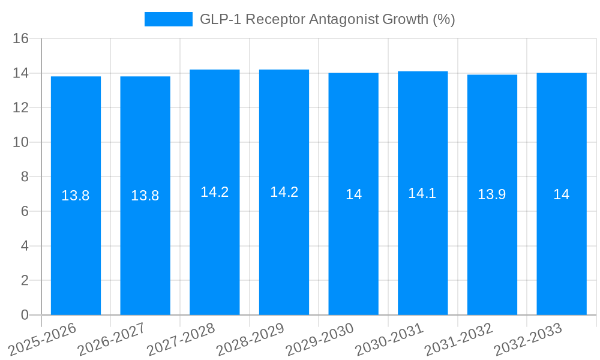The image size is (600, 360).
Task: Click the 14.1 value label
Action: tap(422, 193)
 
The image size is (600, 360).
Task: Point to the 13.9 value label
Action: tap(492, 194)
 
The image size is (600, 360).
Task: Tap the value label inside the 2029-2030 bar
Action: tap(353, 194)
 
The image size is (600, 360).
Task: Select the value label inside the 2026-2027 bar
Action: tap(145, 195)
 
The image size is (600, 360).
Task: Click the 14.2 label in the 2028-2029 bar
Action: tap(284, 192)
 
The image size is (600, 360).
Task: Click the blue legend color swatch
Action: tap(168, 19)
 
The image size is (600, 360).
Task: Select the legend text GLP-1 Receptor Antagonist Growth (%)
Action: tap(327, 19)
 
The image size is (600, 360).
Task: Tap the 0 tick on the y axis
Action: tap(25, 315)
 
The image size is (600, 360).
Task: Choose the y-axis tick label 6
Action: tap(25, 211)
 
